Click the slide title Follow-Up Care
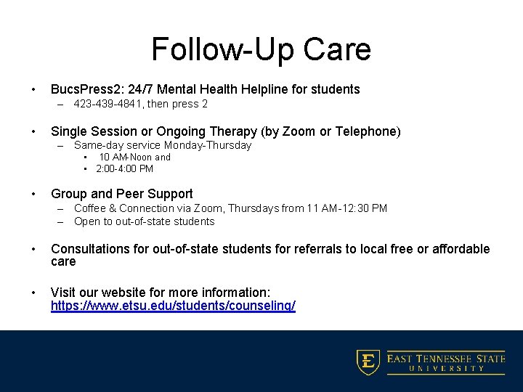pyautogui.click(x=261, y=49)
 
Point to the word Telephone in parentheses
pyautogui.click(x=365, y=131)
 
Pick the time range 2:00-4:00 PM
pyautogui.click(x=124, y=169)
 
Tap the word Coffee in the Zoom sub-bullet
pyautogui.click(x=91, y=208)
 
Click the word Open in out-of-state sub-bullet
pyautogui.click(x=87, y=221)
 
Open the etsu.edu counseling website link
pyautogui.click(x=173, y=306)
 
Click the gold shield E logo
pyautogui.click(x=368, y=362)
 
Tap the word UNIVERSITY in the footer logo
pyautogui.click(x=446, y=369)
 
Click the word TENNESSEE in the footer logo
pyautogui.click(x=447, y=359)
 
